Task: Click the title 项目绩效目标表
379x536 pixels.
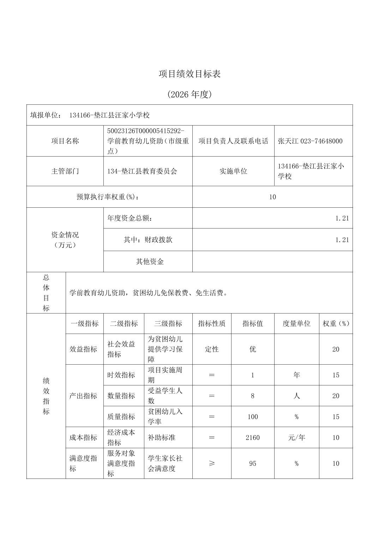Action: click(189, 74)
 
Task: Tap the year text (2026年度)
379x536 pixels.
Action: click(189, 95)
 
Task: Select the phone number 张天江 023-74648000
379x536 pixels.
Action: click(310, 141)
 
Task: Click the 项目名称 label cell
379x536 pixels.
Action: click(65, 141)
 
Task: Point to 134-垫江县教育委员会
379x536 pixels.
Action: click(142, 171)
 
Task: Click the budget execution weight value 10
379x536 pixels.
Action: click(272, 197)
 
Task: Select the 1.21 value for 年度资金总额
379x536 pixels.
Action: click(342, 218)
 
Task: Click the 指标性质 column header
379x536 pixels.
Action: click(212, 324)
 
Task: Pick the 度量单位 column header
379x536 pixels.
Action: click(296, 324)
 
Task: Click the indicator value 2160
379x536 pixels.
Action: click(253, 438)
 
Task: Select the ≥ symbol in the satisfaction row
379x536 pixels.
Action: click(212, 463)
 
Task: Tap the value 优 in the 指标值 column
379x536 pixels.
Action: click(253, 349)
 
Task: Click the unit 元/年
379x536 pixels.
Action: click(296, 438)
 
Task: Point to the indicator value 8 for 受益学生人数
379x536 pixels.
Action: click(253, 396)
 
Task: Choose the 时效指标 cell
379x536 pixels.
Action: click(121, 375)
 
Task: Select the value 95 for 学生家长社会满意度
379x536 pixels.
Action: click(253, 463)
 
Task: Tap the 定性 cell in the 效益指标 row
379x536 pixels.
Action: click(212, 349)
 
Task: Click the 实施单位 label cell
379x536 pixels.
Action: click(233, 171)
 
